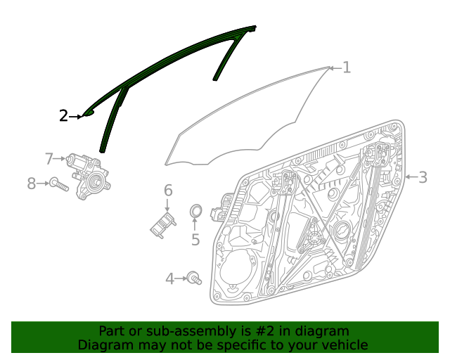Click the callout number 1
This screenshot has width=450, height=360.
(346, 67)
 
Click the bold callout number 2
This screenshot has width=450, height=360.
(63, 116)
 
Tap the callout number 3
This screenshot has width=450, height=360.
(423, 177)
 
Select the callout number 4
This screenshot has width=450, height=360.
(169, 279)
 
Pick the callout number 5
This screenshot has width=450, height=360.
(195, 240)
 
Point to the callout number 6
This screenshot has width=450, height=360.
(168, 191)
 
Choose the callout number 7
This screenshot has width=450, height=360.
(49, 159)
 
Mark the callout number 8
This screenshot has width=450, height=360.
(31, 184)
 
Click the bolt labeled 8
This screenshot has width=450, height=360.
(58, 185)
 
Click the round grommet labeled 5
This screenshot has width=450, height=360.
(196, 211)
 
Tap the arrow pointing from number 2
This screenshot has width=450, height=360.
(76, 116)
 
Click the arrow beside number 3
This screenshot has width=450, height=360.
(411, 177)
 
